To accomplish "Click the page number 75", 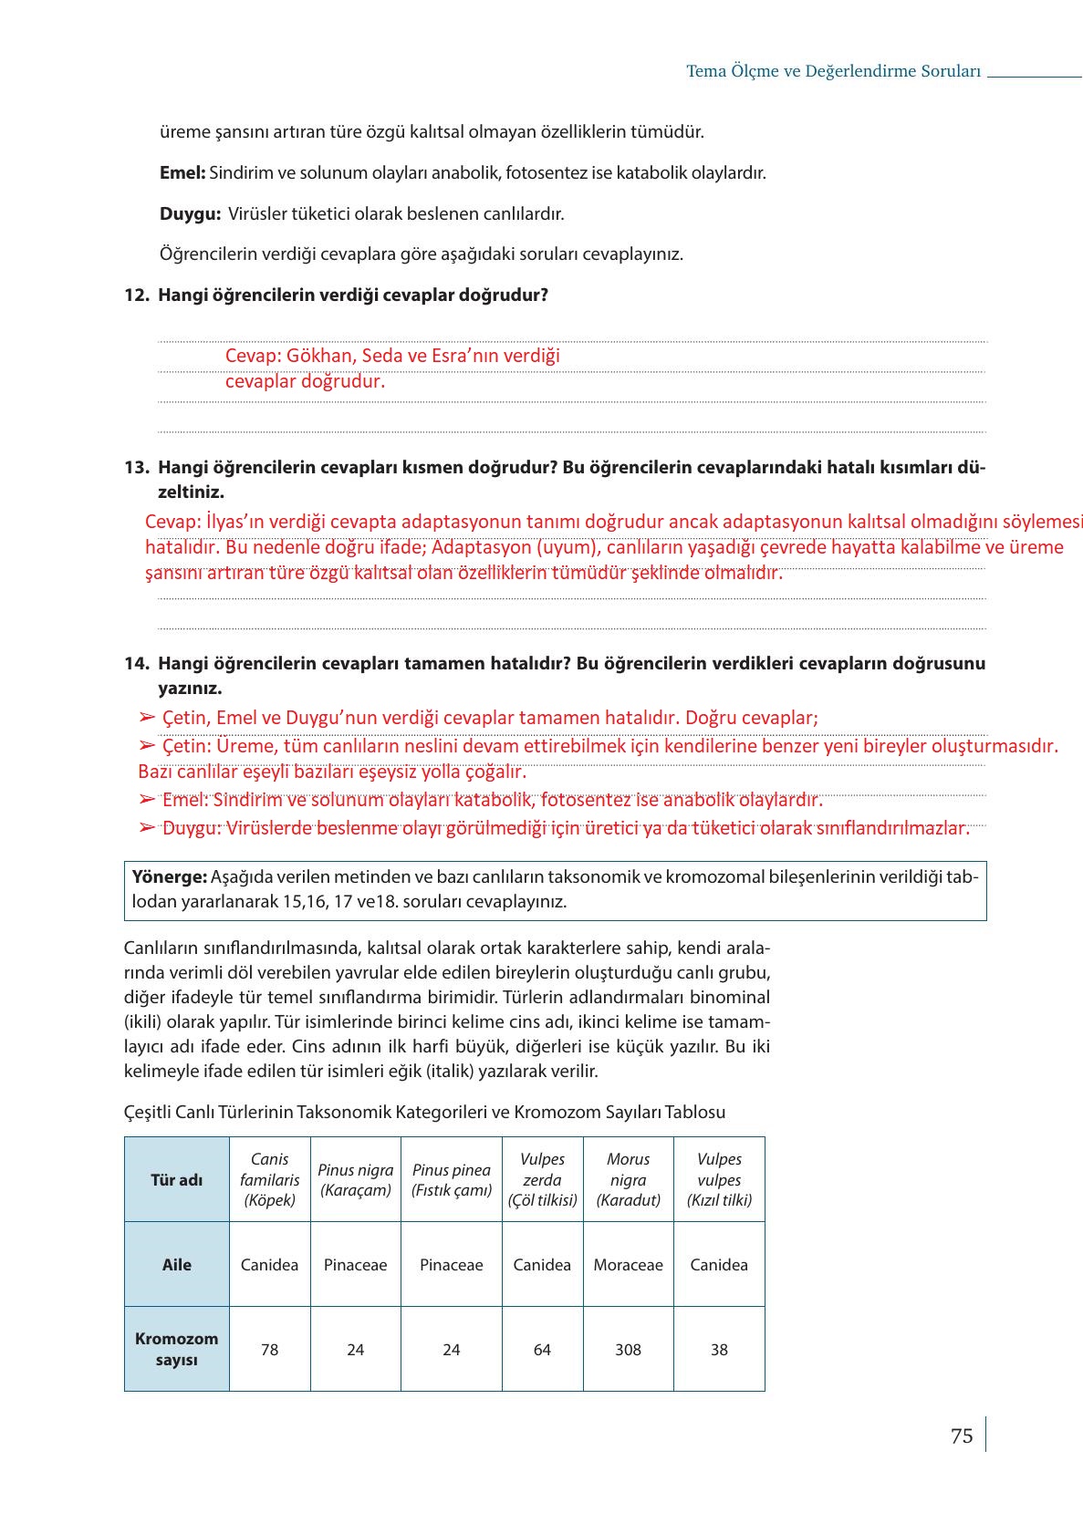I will (961, 1435).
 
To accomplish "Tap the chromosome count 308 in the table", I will (628, 1349).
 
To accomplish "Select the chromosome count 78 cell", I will (269, 1349).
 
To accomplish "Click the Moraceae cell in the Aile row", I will (628, 1264).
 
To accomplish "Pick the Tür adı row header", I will (176, 1179).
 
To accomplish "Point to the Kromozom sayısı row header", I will (176, 1349).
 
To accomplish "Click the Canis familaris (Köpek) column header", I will (269, 1179).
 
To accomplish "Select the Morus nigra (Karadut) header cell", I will (628, 1179).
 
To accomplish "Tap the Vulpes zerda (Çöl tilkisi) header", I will (542, 1179).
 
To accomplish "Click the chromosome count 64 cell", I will (542, 1349).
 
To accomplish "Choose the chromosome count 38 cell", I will (719, 1349).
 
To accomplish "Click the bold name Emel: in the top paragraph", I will (182, 172).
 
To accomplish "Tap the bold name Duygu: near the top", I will (190, 214).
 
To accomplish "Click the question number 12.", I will (136, 295).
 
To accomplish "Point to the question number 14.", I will (136, 663).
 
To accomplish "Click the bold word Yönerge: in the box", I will (170, 877).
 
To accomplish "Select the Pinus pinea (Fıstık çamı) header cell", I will (451, 1179).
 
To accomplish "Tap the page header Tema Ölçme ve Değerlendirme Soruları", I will (833, 71).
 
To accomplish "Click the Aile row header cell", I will (176, 1264).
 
